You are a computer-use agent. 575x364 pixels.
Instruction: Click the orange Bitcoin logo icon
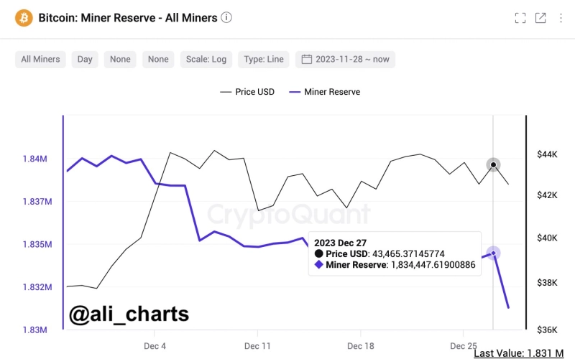click(24, 17)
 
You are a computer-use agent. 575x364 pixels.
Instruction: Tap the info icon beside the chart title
click(226, 17)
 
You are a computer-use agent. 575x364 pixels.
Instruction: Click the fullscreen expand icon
click(520, 18)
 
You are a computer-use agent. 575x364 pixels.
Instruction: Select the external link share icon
click(540, 18)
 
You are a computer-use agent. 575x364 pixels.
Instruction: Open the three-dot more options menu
click(559, 18)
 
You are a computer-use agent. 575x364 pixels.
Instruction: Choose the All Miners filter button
click(40, 59)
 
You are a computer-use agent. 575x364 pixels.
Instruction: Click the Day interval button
click(85, 59)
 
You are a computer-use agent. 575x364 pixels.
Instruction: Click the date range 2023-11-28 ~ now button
click(345, 59)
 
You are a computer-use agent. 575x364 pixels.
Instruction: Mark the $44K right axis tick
click(547, 154)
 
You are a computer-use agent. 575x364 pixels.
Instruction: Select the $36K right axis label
click(547, 330)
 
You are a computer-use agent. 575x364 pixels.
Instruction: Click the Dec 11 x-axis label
click(257, 346)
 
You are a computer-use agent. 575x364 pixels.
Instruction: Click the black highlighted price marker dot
click(493, 165)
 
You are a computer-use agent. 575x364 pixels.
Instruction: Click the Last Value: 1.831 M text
click(518, 353)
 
